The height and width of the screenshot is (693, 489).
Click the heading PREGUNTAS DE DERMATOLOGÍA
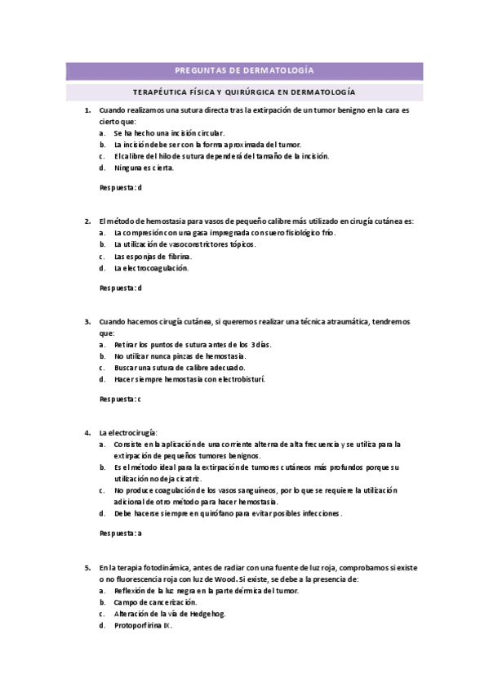244,71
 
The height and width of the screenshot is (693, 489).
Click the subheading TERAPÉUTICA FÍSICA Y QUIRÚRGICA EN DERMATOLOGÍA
244,92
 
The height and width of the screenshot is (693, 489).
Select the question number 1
87,110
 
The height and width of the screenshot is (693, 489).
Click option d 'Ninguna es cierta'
144,168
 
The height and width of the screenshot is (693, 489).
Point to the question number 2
87,221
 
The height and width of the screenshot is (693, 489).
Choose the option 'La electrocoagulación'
151,267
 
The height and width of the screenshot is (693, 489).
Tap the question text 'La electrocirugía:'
128,431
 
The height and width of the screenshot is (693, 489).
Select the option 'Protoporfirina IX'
143,625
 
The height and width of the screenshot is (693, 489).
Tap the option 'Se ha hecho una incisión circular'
168,132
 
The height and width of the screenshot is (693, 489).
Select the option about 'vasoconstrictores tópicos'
184,244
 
